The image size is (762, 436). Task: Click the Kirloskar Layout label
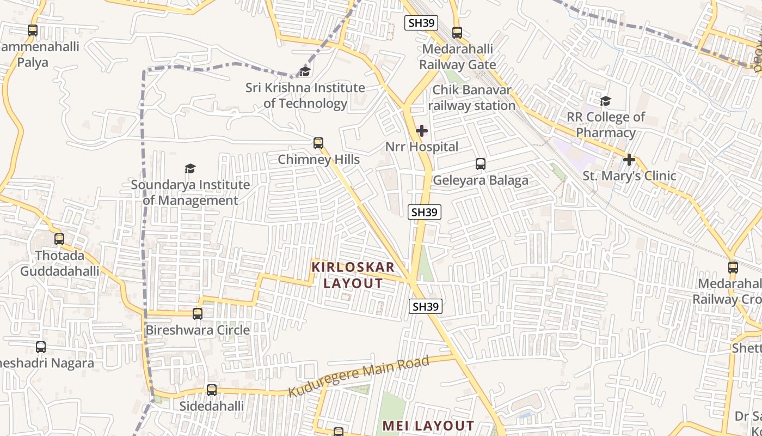tap(353, 275)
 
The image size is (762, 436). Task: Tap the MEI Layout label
tap(428, 426)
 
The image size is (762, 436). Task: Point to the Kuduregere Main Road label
tap(358, 376)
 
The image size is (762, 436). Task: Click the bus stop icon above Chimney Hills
tap(318, 143)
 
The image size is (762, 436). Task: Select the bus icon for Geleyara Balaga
tap(480, 163)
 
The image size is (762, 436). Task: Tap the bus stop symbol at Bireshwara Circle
tap(198, 314)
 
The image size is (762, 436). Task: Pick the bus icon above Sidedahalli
tap(212, 390)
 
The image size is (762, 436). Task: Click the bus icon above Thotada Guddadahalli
tap(59, 239)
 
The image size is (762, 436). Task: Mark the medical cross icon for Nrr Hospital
tap(422, 131)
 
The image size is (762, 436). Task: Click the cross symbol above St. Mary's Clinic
tap(629, 160)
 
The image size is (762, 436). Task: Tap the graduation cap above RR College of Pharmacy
tap(605, 101)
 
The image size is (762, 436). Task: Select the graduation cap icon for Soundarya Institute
tap(190, 168)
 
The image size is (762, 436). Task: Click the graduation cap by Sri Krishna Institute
tap(305, 71)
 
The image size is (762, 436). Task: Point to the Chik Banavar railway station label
tap(472, 98)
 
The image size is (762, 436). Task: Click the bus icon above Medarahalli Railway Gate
tap(457, 33)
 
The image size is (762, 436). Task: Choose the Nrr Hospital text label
tap(422, 147)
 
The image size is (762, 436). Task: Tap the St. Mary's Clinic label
tap(629, 175)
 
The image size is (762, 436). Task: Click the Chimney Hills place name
tap(318, 159)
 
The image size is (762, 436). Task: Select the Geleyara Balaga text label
tap(480, 180)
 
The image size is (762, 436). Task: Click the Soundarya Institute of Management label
tap(190, 192)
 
